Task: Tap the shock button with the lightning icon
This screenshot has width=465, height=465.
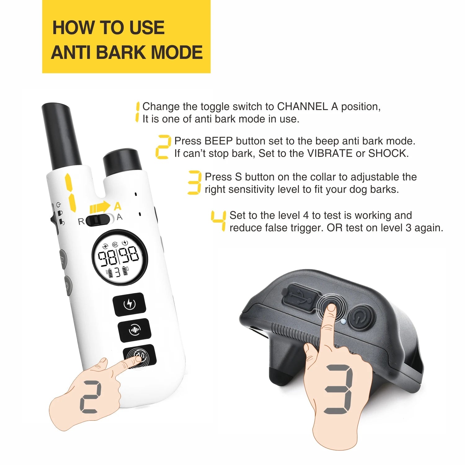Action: pyautogui.click(x=129, y=304)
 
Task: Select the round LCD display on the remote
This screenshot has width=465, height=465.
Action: pyautogui.click(x=120, y=257)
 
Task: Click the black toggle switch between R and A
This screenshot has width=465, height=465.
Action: pyautogui.click(x=98, y=220)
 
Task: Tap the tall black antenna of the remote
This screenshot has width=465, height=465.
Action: pyautogui.click(x=61, y=136)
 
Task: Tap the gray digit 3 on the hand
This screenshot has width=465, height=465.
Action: pyautogui.click(x=338, y=389)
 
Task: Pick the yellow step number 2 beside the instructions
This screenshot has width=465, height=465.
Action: pyautogui.click(x=163, y=147)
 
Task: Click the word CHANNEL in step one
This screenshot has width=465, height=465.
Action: pyautogui.click(x=303, y=106)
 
